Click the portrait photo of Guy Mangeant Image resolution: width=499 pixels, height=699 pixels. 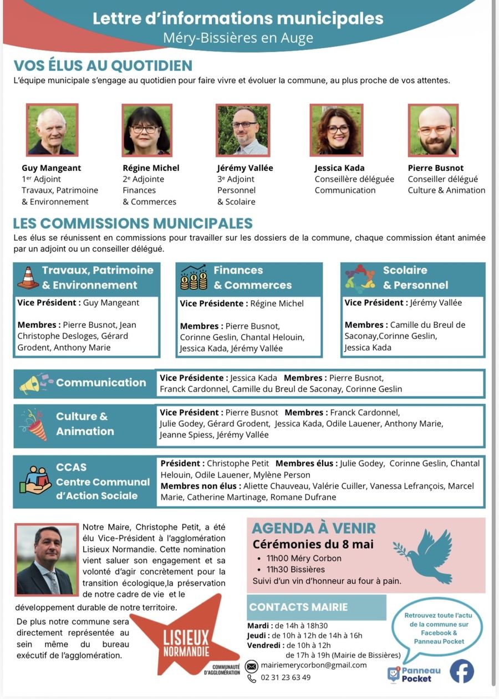click(x=52, y=130)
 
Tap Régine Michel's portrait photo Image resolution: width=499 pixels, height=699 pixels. click(x=147, y=130)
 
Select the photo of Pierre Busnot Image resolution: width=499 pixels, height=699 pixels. click(x=433, y=130)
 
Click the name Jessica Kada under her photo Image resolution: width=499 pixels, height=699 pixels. click(x=339, y=168)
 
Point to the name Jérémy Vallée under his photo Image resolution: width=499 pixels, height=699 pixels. click(x=245, y=168)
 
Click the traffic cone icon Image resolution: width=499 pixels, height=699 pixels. click(x=28, y=277)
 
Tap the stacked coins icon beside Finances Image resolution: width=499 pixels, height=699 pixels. click(x=194, y=277)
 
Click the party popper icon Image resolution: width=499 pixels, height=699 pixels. click(x=34, y=424)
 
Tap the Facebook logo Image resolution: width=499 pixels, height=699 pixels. click(x=461, y=671)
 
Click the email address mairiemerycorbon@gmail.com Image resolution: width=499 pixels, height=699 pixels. click(x=314, y=665)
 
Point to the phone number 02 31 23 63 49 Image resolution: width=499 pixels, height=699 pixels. click(x=286, y=677)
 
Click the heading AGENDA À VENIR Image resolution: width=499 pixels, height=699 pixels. click(x=314, y=528)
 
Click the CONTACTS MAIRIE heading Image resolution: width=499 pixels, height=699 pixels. click(x=298, y=607)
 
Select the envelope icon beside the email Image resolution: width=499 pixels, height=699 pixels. click(x=252, y=666)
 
